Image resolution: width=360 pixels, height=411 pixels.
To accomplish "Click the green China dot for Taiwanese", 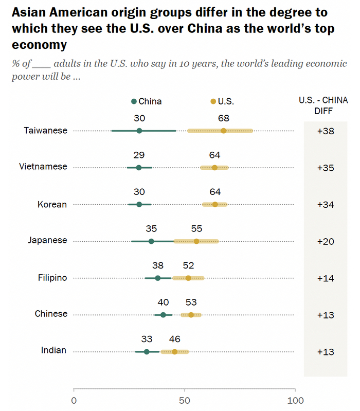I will pos(139,131).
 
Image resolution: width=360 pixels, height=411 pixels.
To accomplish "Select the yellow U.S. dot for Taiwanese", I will pos(223,131).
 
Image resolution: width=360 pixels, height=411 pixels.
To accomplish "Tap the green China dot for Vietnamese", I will pos(138,167).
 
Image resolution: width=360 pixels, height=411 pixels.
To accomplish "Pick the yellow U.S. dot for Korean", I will pos(215,204).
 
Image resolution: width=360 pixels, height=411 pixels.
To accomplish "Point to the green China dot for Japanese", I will pos(151,241).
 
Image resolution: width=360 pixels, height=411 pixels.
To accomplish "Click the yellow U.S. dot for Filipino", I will pos(188,278).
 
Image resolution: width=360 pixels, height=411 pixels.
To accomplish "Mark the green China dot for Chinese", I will pos(164,315).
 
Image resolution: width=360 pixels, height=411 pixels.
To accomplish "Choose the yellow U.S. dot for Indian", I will pos(174,352).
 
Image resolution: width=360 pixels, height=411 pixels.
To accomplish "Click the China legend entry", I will pos(147,101).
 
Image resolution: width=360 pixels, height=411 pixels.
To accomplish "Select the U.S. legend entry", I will pos(223,101).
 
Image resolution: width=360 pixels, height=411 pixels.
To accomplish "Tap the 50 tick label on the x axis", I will pos(185,400).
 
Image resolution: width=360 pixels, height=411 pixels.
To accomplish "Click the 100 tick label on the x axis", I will pos(295,400).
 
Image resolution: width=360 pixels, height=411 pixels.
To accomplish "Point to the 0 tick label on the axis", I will pos(74,400).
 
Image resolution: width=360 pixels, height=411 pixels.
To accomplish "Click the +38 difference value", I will pos(326,131).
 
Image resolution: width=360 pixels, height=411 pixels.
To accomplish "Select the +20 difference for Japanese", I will pos(326,242).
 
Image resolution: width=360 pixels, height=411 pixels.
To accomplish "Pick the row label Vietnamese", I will pos(43,167).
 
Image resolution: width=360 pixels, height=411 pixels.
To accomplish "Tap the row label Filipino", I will pos(52,278).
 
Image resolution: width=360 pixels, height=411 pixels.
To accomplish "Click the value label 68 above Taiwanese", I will pos(223,118).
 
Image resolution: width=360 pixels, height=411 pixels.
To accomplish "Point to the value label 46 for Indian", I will pos(174,339).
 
